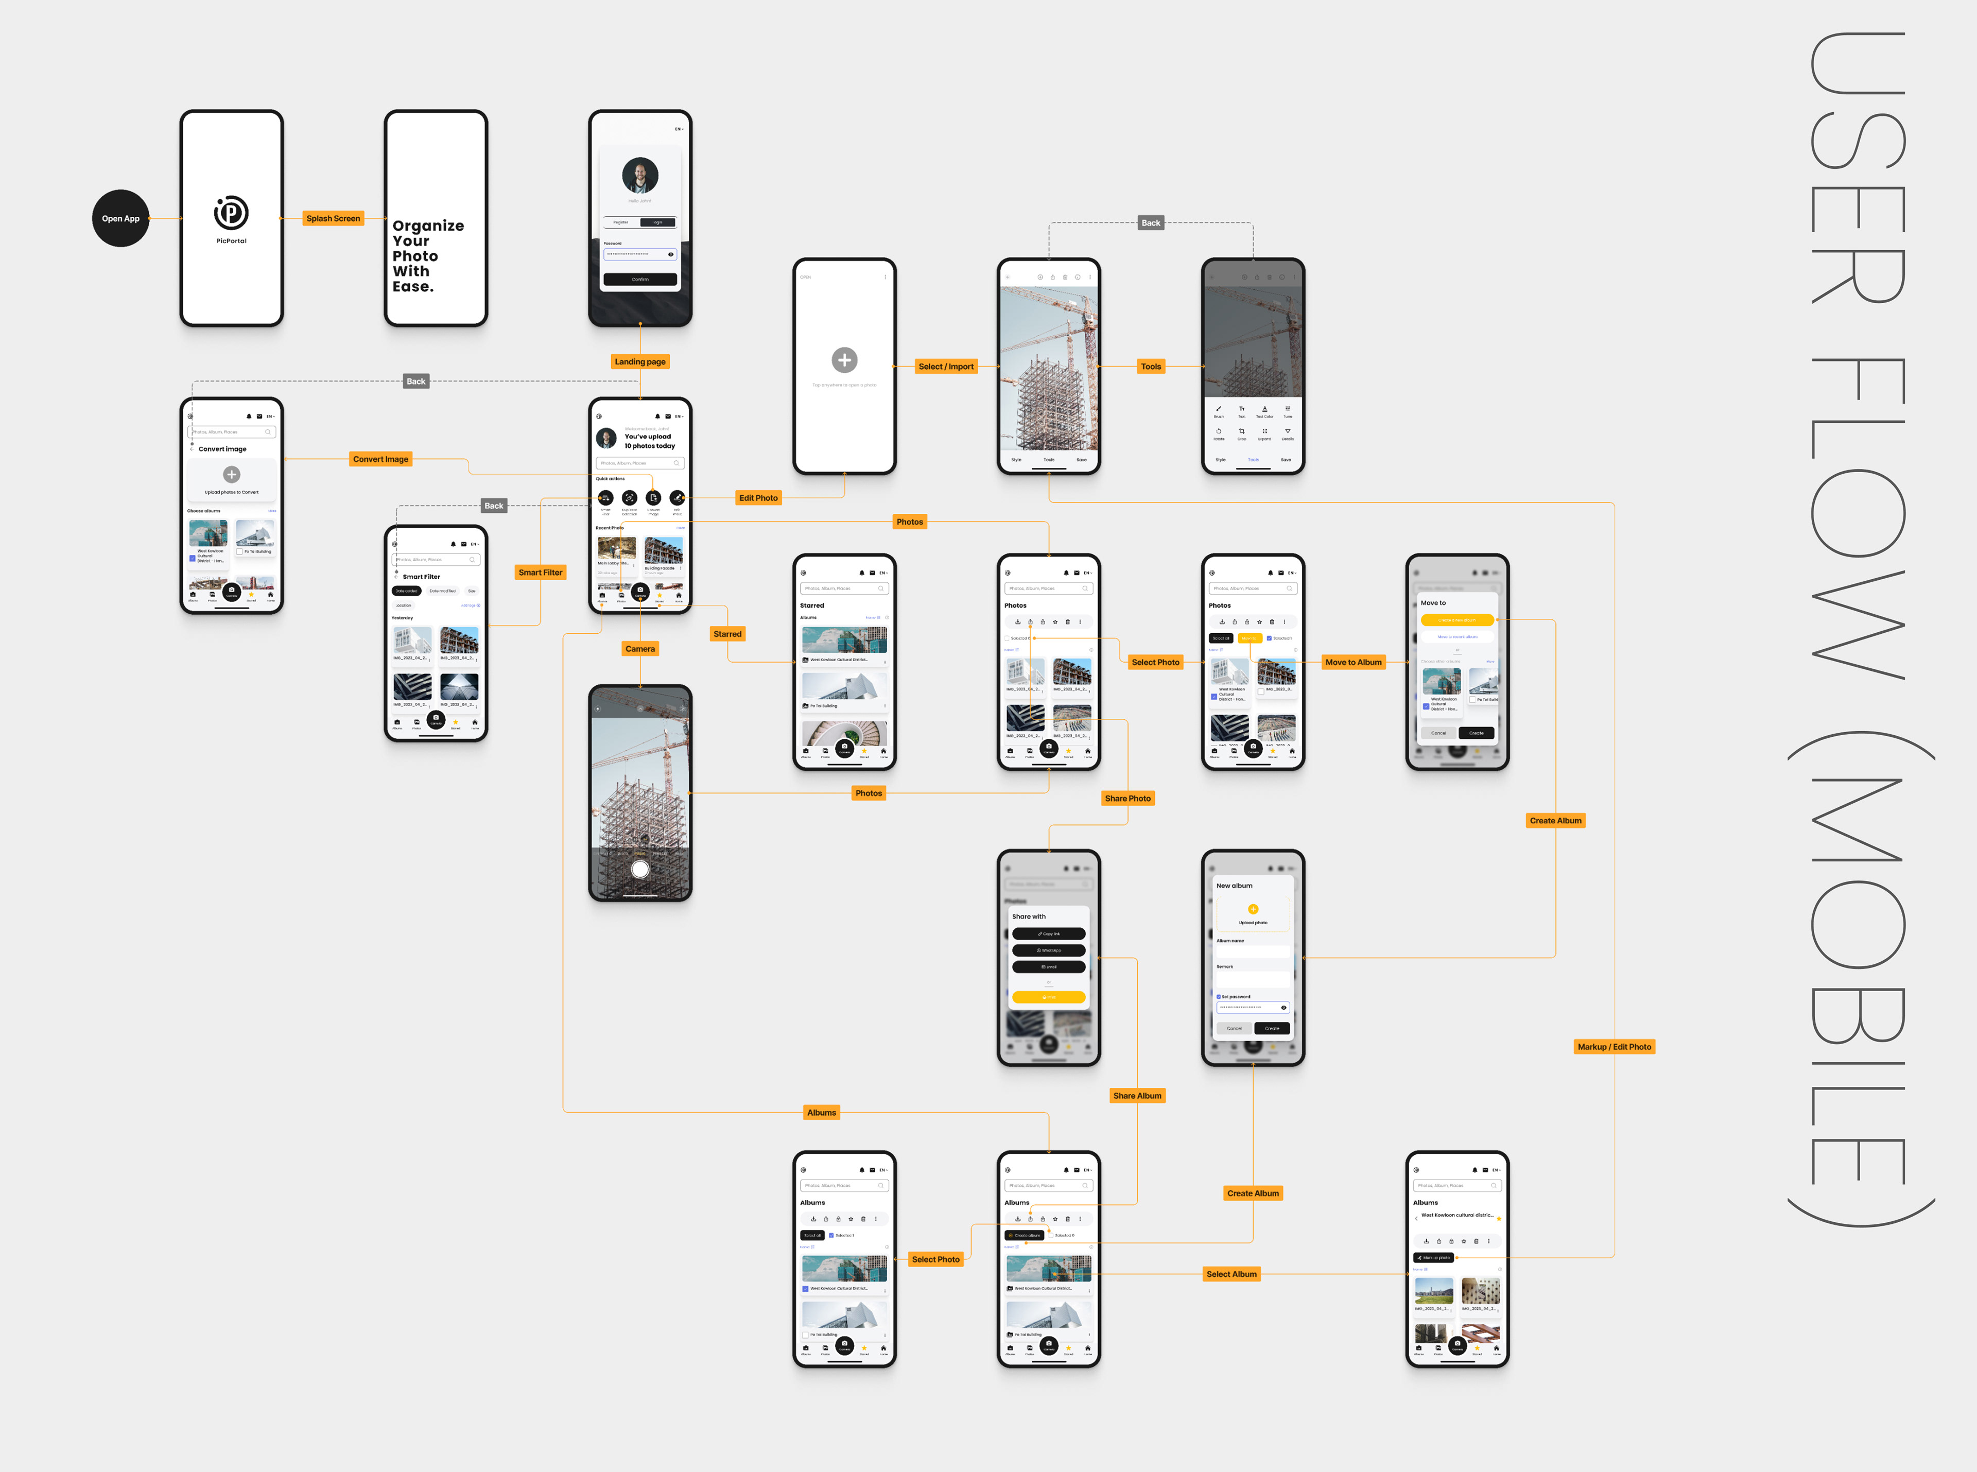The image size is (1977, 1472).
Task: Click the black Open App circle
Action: pos(120,218)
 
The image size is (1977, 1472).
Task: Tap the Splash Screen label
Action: pos(333,218)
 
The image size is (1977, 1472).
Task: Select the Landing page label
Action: pos(640,362)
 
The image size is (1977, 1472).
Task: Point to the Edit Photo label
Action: pos(758,498)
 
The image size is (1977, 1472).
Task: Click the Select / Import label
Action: pos(946,366)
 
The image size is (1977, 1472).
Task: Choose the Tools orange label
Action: pos(1151,366)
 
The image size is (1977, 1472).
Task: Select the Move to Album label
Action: pos(1354,662)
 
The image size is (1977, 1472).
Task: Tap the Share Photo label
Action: pos(1128,799)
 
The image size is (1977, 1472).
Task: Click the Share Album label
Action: pos(1137,1096)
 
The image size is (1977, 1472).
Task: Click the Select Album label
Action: pos(1232,1274)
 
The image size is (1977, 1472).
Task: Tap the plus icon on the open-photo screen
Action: pos(845,360)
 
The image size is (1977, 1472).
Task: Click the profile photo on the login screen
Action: pos(640,176)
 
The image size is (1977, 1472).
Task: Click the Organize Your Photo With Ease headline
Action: pos(428,256)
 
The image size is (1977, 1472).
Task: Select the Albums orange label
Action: pos(822,1113)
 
